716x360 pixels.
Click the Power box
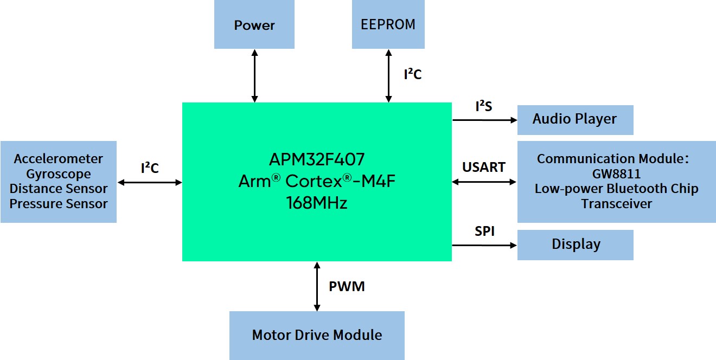click(x=254, y=25)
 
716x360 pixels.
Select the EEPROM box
click(x=388, y=24)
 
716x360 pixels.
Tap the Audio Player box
click(x=575, y=119)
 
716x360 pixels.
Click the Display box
click(x=576, y=245)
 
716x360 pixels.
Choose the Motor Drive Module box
click(x=317, y=335)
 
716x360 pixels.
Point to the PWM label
click(x=347, y=286)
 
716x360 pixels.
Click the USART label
click(x=484, y=167)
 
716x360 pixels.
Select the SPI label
click(x=484, y=232)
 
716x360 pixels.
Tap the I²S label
click(x=483, y=106)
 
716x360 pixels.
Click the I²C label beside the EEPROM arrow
click(x=412, y=74)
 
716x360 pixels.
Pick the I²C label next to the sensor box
click(x=150, y=168)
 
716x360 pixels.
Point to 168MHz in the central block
click(x=317, y=203)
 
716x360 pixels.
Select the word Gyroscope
click(x=59, y=174)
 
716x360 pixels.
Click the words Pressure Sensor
click(x=59, y=204)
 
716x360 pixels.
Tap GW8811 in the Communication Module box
click(x=616, y=174)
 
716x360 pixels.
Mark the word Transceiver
click(x=616, y=204)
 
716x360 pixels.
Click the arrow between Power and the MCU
click(x=254, y=75)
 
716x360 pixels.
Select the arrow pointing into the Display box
click(x=484, y=245)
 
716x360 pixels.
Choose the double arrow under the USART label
click(x=484, y=182)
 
